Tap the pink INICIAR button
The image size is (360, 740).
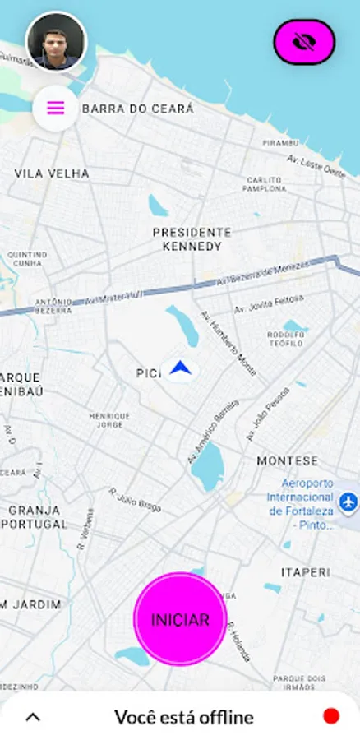(x=179, y=619)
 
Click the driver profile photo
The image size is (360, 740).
(x=56, y=41)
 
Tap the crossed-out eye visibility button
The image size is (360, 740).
(x=304, y=42)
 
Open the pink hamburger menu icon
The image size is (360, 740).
(x=56, y=108)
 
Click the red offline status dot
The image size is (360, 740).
(x=331, y=716)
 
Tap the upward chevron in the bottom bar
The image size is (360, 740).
(x=33, y=717)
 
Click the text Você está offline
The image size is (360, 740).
(x=183, y=717)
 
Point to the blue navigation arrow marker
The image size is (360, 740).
(x=180, y=370)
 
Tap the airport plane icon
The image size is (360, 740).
(x=348, y=500)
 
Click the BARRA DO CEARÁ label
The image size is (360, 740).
(x=138, y=109)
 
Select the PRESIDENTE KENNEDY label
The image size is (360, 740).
(x=192, y=239)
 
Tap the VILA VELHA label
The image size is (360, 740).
(x=52, y=174)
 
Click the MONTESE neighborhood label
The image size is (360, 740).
(x=287, y=461)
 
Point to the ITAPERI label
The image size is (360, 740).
(x=305, y=571)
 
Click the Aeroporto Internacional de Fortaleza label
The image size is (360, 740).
(x=301, y=498)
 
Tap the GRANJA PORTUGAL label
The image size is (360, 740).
(x=37, y=516)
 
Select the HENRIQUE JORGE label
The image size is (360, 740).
(x=109, y=420)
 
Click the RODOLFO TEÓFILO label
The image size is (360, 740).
(x=286, y=339)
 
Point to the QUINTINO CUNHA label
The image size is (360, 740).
(x=28, y=259)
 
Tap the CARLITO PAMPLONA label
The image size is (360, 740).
(x=264, y=184)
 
